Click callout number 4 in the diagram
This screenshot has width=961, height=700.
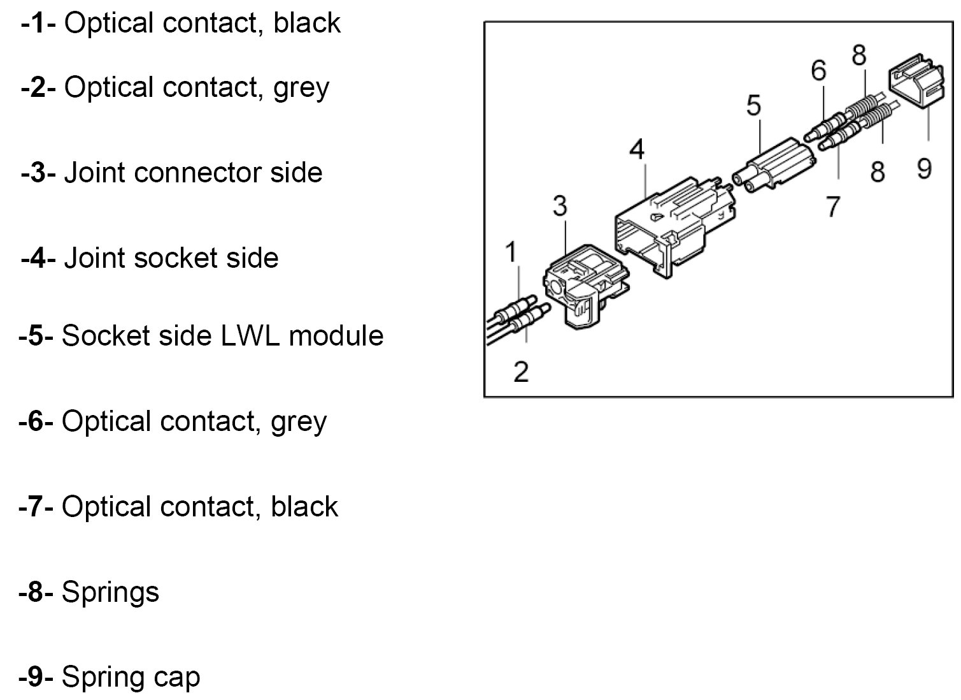636,150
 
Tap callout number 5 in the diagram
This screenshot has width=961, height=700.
753,106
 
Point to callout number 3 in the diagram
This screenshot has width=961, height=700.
559,206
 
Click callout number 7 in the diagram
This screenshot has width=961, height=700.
833,206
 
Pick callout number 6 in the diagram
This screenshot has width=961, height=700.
818,70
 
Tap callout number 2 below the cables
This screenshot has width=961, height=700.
521,371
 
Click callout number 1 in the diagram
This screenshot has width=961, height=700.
511,252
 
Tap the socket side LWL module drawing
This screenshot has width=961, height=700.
774,163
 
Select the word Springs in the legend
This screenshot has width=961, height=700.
110,592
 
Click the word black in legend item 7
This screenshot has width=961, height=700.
304,507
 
